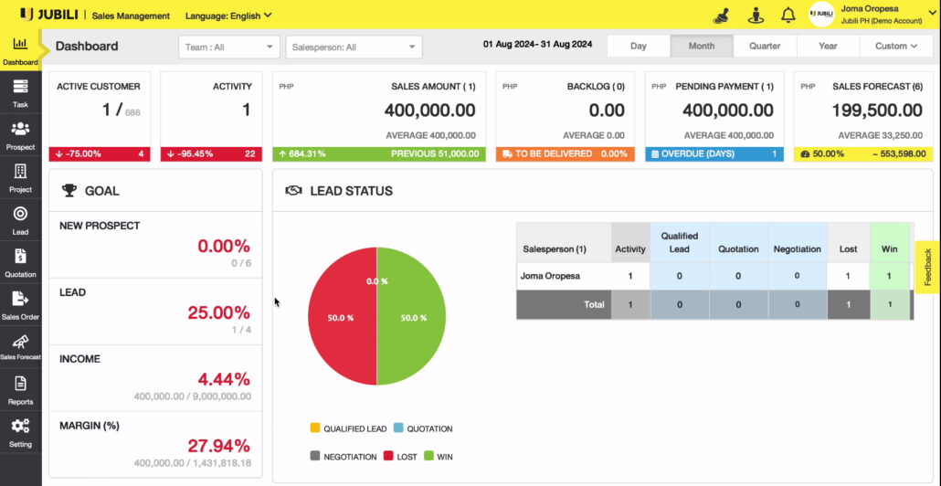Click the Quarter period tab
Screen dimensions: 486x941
coord(765,46)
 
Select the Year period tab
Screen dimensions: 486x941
coord(828,46)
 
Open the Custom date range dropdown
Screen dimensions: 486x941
coord(896,46)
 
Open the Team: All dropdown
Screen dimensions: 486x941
coord(229,47)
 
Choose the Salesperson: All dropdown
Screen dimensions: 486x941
coord(354,47)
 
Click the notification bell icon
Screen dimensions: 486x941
coord(788,15)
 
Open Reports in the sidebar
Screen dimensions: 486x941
coord(20,390)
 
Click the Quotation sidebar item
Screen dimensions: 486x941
coord(20,262)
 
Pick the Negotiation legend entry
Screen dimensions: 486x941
coord(341,456)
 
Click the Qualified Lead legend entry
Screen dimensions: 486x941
coord(348,428)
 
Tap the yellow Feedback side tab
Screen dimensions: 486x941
coord(927,268)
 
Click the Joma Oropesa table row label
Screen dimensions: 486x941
coord(550,275)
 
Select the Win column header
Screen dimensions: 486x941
coord(890,248)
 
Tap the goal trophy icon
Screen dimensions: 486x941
coord(69,191)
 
